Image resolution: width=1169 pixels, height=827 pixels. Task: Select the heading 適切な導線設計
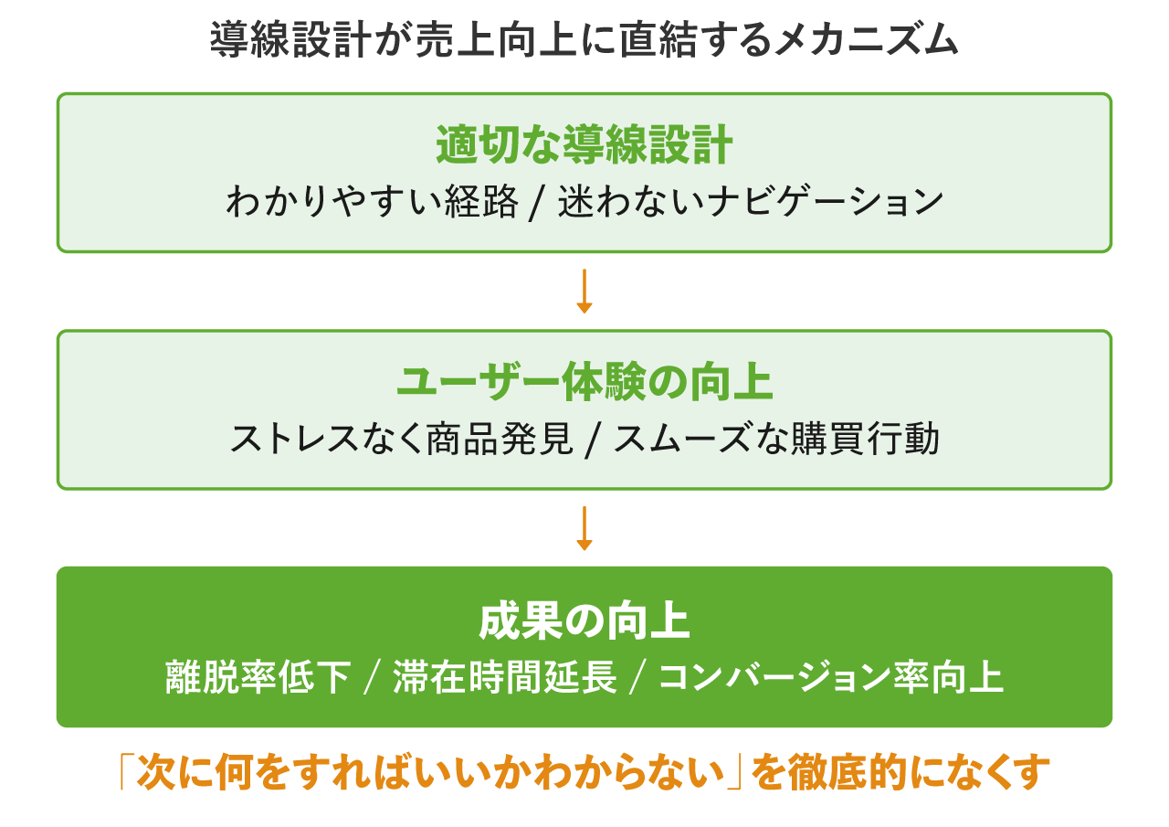[x=584, y=146]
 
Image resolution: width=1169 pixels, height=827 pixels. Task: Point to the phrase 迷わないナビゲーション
[x=750, y=202]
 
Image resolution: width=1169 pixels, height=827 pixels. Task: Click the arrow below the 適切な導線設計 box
[x=584, y=292]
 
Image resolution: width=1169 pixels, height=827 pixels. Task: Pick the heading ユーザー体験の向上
[x=584, y=384]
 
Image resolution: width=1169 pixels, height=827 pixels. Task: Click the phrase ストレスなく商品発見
[x=401, y=440]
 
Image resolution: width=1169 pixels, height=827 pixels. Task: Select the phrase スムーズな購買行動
[x=776, y=440]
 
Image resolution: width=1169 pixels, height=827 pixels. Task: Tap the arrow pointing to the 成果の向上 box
[x=584, y=528]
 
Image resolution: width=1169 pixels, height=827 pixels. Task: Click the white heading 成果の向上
[x=584, y=622]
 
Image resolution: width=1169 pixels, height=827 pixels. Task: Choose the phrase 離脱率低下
[x=258, y=678]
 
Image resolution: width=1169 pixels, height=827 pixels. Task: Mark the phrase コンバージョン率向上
[x=830, y=678]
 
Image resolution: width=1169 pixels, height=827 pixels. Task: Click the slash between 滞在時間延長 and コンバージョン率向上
[x=638, y=679]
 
